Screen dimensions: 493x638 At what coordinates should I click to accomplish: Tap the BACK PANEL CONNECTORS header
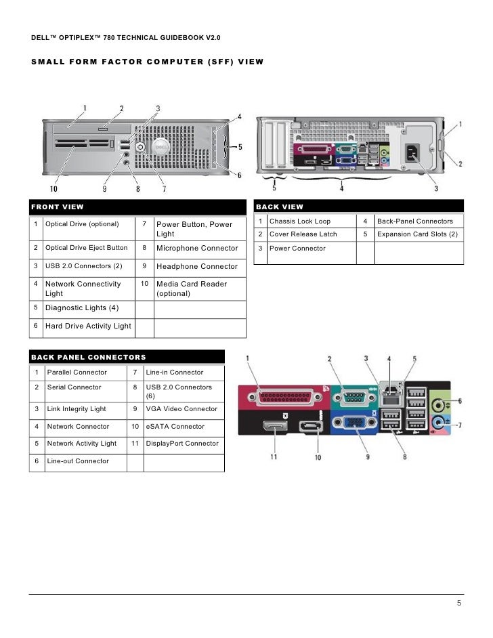pyautogui.click(x=88, y=357)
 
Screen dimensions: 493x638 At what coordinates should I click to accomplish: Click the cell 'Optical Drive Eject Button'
pyautogui.click(x=86, y=248)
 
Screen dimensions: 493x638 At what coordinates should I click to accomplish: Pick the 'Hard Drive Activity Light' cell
pyautogui.click(x=88, y=326)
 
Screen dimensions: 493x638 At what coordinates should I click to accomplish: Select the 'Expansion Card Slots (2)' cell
pyautogui.click(x=417, y=234)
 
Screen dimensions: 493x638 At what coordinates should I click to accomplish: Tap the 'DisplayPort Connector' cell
pyautogui.click(x=182, y=444)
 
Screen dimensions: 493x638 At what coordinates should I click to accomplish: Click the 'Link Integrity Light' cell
pyautogui.click(x=77, y=409)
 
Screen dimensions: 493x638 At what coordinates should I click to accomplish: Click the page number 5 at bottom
pyautogui.click(x=459, y=604)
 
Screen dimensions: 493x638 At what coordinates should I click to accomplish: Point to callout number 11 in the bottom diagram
pyautogui.click(x=274, y=456)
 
